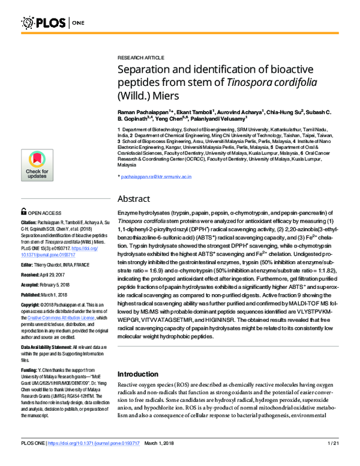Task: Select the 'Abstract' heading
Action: click(x=133, y=198)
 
